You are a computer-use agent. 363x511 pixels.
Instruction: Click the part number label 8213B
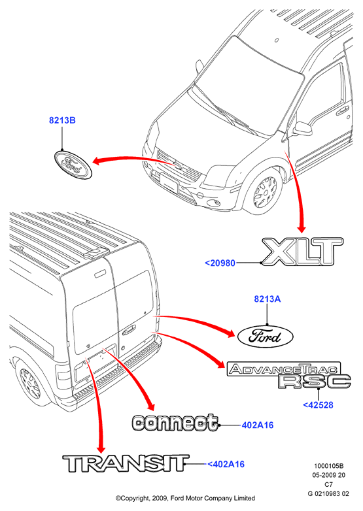tap(62, 120)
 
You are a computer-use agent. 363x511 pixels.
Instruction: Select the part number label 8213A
tap(267, 299)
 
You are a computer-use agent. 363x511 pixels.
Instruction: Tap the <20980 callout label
tap(220, 263)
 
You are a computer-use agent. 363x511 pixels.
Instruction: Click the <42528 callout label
tap(318, 405)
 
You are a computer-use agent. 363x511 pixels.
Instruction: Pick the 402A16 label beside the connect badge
tap(257, 425)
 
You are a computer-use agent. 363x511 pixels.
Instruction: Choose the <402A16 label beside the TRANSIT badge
tap(226, 464)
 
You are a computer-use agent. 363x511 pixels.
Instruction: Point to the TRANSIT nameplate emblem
tap(126, 463)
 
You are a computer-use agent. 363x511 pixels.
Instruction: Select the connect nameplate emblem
tap(175, 423)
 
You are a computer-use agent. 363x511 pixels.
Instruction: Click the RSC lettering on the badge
tap(315, 382)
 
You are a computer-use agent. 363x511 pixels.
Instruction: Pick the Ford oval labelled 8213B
tap(73, 165)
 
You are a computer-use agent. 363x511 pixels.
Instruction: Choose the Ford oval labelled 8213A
tap(265, 337)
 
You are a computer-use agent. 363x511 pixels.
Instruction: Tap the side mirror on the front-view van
tap(302, 129)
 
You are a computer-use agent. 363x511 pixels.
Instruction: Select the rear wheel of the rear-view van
tap(30, 382)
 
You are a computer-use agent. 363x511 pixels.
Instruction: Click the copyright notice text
tap(185, 498)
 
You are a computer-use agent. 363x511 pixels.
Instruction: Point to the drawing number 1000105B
tap(329, 467)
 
